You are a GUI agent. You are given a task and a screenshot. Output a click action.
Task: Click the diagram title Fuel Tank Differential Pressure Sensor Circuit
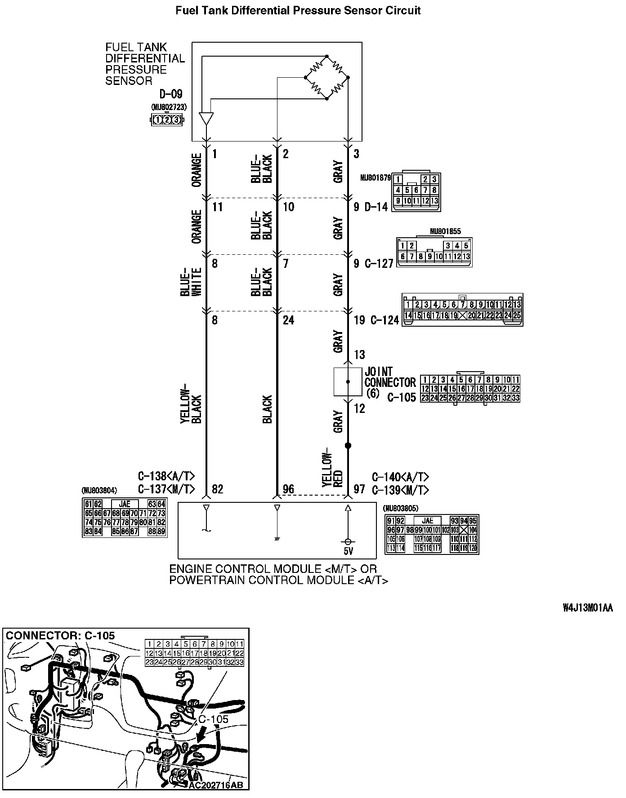coord(298,10)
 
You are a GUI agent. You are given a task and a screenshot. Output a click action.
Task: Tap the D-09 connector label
coord(171,94)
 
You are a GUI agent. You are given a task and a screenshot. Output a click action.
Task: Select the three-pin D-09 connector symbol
coord(166,120)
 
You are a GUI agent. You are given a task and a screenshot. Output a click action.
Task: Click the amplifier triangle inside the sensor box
coord(206,118)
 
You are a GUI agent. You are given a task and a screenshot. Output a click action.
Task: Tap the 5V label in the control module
coord(348,551)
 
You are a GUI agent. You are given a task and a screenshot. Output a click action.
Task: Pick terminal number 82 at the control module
coord(217,489)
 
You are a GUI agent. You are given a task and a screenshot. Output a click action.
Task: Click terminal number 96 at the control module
coord(288,489)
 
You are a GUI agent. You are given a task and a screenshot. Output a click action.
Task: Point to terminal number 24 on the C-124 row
coord(288,320)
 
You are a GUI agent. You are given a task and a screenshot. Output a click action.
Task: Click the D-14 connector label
coord(376,207)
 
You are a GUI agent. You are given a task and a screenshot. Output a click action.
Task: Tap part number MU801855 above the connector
coord(445,231)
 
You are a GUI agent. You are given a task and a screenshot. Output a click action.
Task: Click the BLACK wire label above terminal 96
coord(267,409)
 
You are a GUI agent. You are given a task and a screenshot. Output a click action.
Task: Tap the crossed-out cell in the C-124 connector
coord(462,315)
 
